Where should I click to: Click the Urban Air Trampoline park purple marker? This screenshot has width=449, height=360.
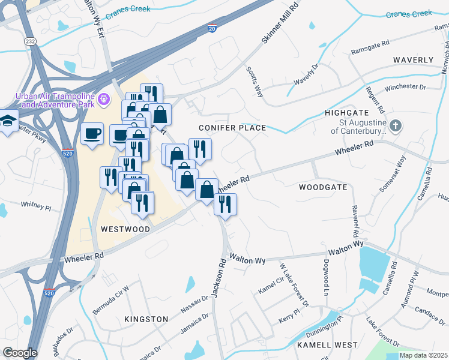[104, 97]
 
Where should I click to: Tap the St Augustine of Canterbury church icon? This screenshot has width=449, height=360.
[395, 126]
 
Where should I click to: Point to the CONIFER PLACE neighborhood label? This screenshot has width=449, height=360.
[233, 128]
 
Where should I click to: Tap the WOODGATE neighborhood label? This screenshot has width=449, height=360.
[323, 187]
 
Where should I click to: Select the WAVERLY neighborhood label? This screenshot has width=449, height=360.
[412, 61]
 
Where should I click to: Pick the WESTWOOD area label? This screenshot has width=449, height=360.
[125, 229]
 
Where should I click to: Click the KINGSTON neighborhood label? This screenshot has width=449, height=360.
[146, 319]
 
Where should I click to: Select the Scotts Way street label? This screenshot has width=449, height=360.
[255, 82]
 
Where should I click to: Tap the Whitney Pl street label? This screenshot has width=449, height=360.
[37, 205]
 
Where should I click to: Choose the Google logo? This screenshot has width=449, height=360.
[20, 353]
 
